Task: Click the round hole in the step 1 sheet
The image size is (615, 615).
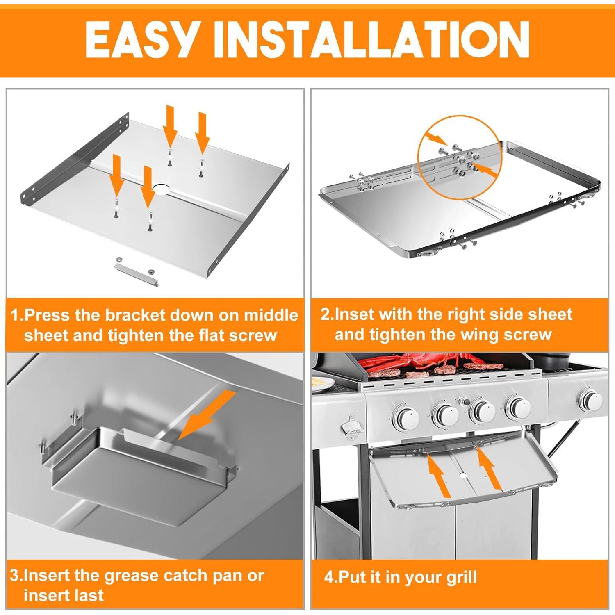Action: (161, 190)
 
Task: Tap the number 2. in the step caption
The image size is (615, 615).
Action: (327, 314)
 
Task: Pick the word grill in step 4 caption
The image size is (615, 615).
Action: (463, 577)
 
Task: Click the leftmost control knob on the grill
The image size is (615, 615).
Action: (406, 417)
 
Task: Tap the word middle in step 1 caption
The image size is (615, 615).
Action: (271, 315)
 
